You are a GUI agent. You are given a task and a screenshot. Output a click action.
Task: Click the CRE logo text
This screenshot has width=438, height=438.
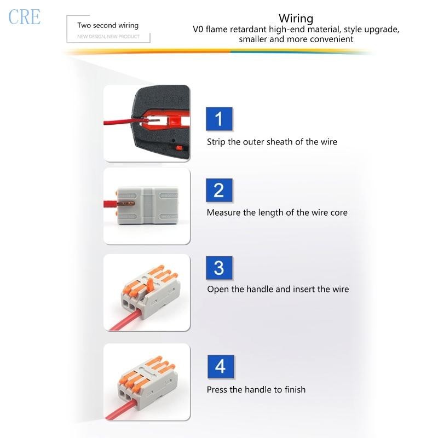[x=25, y=16]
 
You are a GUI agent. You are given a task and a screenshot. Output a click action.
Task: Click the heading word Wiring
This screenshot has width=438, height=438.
[x=296, y=18]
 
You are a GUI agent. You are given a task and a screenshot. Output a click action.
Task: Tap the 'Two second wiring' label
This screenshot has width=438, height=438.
[x=108, y=25]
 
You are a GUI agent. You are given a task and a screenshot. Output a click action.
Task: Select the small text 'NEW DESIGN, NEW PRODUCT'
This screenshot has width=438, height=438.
[x=108, y=37]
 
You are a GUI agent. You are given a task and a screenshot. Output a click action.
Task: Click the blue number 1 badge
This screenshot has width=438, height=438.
[x=219, y=119]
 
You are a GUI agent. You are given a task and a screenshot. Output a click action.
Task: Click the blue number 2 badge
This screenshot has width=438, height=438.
[x=219, y=190]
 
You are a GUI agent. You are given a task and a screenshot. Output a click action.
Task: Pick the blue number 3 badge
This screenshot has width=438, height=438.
[x=219, y=268]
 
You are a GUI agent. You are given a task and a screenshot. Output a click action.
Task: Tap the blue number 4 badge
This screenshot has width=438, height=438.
[x=220, y=366]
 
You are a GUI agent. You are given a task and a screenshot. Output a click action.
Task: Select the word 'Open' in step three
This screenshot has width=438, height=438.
[x=217, y=289]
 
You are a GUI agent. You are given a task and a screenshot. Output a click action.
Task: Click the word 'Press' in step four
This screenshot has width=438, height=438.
[x=217, y=390]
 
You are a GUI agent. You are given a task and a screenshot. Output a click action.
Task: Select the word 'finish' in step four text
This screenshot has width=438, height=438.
[x=295, y=390]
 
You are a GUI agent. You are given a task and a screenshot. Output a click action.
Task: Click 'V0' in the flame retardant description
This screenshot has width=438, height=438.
[x=198, y=30]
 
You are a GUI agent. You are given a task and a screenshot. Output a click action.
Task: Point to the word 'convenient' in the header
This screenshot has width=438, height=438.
[x=332, y=39]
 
